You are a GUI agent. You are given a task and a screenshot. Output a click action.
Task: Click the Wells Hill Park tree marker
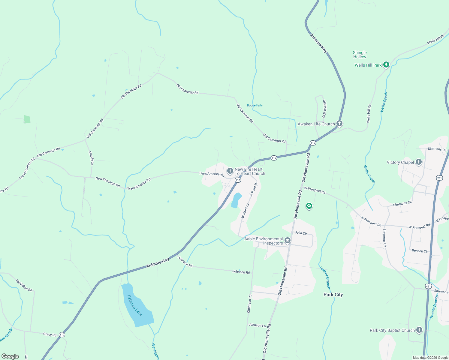click(386, 64)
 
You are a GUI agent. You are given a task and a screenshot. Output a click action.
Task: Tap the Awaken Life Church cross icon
click(339, 123)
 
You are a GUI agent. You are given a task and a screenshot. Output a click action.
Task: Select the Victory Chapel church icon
click(419, 162)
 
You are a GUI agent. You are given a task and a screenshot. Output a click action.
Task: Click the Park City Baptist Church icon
click(419, 330)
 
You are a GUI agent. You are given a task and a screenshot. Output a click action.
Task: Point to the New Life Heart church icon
click(230, 171)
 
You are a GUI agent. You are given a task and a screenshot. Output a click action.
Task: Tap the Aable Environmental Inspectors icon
click(288, 240)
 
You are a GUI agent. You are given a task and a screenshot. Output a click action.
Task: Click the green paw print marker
click(309, 206)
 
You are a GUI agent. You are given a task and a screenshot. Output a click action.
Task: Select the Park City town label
click(333, 295)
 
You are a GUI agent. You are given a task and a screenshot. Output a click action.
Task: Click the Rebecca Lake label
click(134, 305)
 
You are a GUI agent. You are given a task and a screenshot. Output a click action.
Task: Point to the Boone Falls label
click(255, 105)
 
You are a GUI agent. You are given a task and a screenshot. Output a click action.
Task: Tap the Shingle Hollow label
click(360, 55)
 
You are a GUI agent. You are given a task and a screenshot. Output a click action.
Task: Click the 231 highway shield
click(440, 178)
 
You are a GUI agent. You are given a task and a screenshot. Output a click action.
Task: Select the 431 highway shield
click(428, 286)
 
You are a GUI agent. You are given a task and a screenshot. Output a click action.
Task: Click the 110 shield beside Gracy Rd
click(62, 334)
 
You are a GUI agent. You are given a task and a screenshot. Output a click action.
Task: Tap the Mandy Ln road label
click(91, 158)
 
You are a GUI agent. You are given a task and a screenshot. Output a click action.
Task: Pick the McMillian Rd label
click(24, 285)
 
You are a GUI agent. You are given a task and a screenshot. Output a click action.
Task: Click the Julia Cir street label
click(301, 233)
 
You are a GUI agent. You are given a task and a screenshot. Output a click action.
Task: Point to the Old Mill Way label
click(324, 109)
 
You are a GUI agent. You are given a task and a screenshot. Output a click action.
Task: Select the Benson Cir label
click(420, 251)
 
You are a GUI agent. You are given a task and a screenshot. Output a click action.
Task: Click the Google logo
click(10, 356)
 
